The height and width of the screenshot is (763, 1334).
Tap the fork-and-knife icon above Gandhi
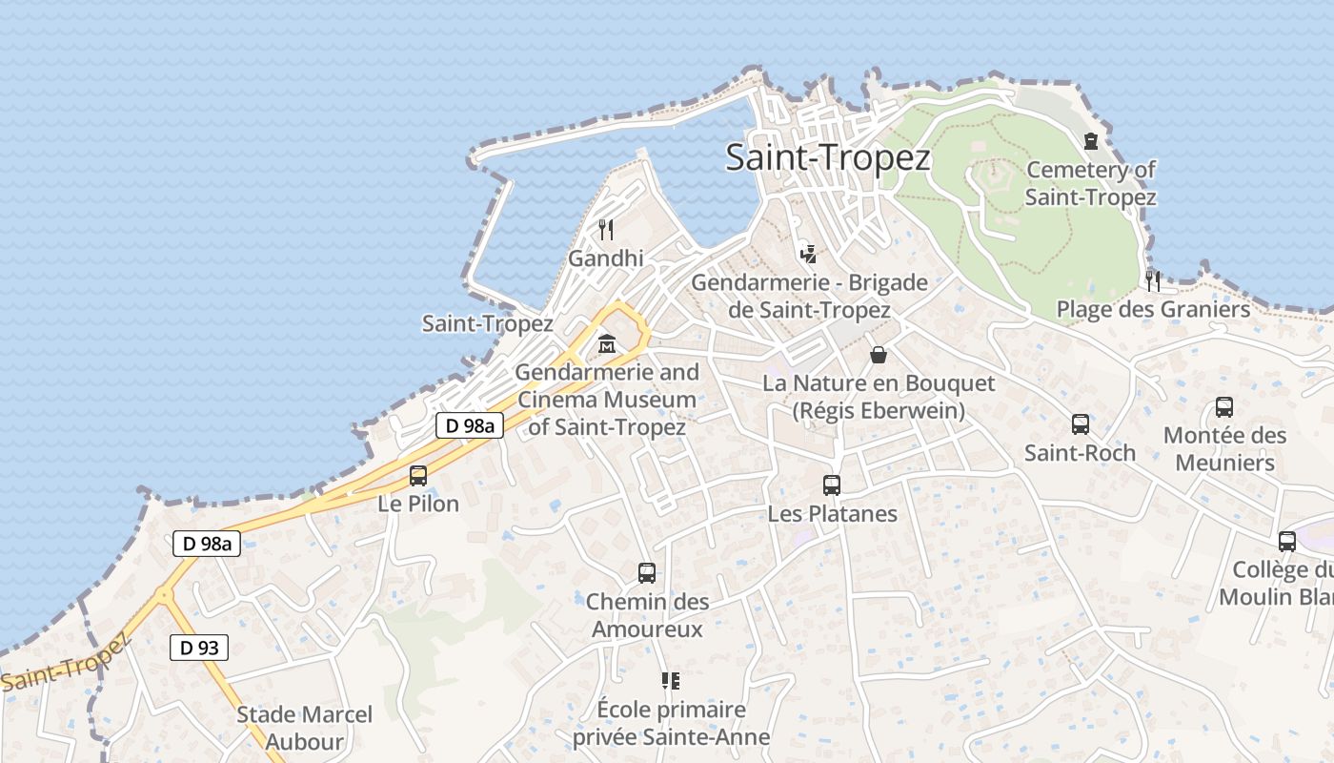[605, 229]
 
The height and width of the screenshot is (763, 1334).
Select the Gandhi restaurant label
[605, 258]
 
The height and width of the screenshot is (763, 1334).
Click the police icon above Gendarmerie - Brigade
[809, 254]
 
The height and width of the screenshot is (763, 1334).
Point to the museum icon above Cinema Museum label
[606, 343]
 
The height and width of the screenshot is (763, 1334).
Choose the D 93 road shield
[199, 648]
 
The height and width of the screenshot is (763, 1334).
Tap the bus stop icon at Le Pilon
[418, 475]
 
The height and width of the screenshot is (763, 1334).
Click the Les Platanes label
[832, 514]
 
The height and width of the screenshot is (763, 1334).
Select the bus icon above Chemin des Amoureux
[647, 573]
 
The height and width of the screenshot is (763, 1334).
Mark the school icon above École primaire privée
[671, 681]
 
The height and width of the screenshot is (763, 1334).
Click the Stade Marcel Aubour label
[304, 728]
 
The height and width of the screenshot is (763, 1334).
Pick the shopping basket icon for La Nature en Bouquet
[879, 355]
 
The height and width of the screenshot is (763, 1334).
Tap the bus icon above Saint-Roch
[1080, 424]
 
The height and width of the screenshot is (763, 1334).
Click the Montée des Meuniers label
[1224, 449]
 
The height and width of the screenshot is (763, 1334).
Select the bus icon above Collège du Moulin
[1287, 542]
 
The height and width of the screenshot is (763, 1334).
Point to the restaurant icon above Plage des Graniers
[1153, 280]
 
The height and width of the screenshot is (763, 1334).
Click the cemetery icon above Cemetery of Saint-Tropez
[1091, 142]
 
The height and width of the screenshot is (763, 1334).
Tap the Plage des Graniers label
[1153, 310]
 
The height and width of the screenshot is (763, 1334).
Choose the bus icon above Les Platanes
[832, 485]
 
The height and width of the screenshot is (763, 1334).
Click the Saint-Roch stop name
[1080, 453]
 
